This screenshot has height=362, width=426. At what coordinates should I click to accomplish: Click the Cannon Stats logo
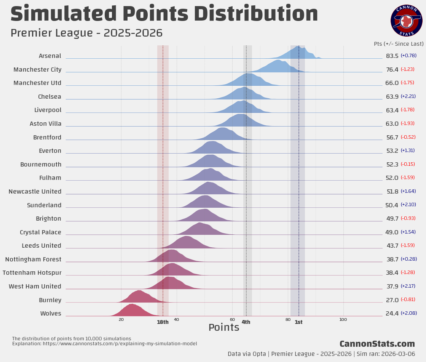[406, 21]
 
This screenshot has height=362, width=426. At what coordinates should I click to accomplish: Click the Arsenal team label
[50, 56]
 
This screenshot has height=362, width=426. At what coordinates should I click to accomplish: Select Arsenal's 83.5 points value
[392, 56]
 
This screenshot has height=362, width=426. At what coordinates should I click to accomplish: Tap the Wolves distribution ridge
[131, 311]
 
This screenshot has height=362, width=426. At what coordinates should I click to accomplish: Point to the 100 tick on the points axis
[343, 319]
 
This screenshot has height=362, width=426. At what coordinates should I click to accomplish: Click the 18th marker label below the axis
[163, 322]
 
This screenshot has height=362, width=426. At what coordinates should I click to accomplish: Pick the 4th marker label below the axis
[246, 322]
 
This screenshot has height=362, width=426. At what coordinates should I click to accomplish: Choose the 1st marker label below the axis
[298, 322]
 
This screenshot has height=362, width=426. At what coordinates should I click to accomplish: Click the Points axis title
[224, 327]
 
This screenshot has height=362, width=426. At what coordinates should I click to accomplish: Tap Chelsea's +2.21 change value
[408, 96]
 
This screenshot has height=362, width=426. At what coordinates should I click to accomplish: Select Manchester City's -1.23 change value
[407, 69]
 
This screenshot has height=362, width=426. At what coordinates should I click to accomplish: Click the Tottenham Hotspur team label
[32, 273]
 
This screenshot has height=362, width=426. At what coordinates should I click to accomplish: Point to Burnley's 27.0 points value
[392, 300]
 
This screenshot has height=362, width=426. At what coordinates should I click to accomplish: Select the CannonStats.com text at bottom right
[377, 344]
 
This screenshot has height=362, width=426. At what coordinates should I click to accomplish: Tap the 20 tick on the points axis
[121, 319]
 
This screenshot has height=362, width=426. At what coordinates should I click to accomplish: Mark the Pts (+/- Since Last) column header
[399, 44]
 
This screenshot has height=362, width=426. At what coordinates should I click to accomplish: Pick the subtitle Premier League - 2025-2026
[86, 33]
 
